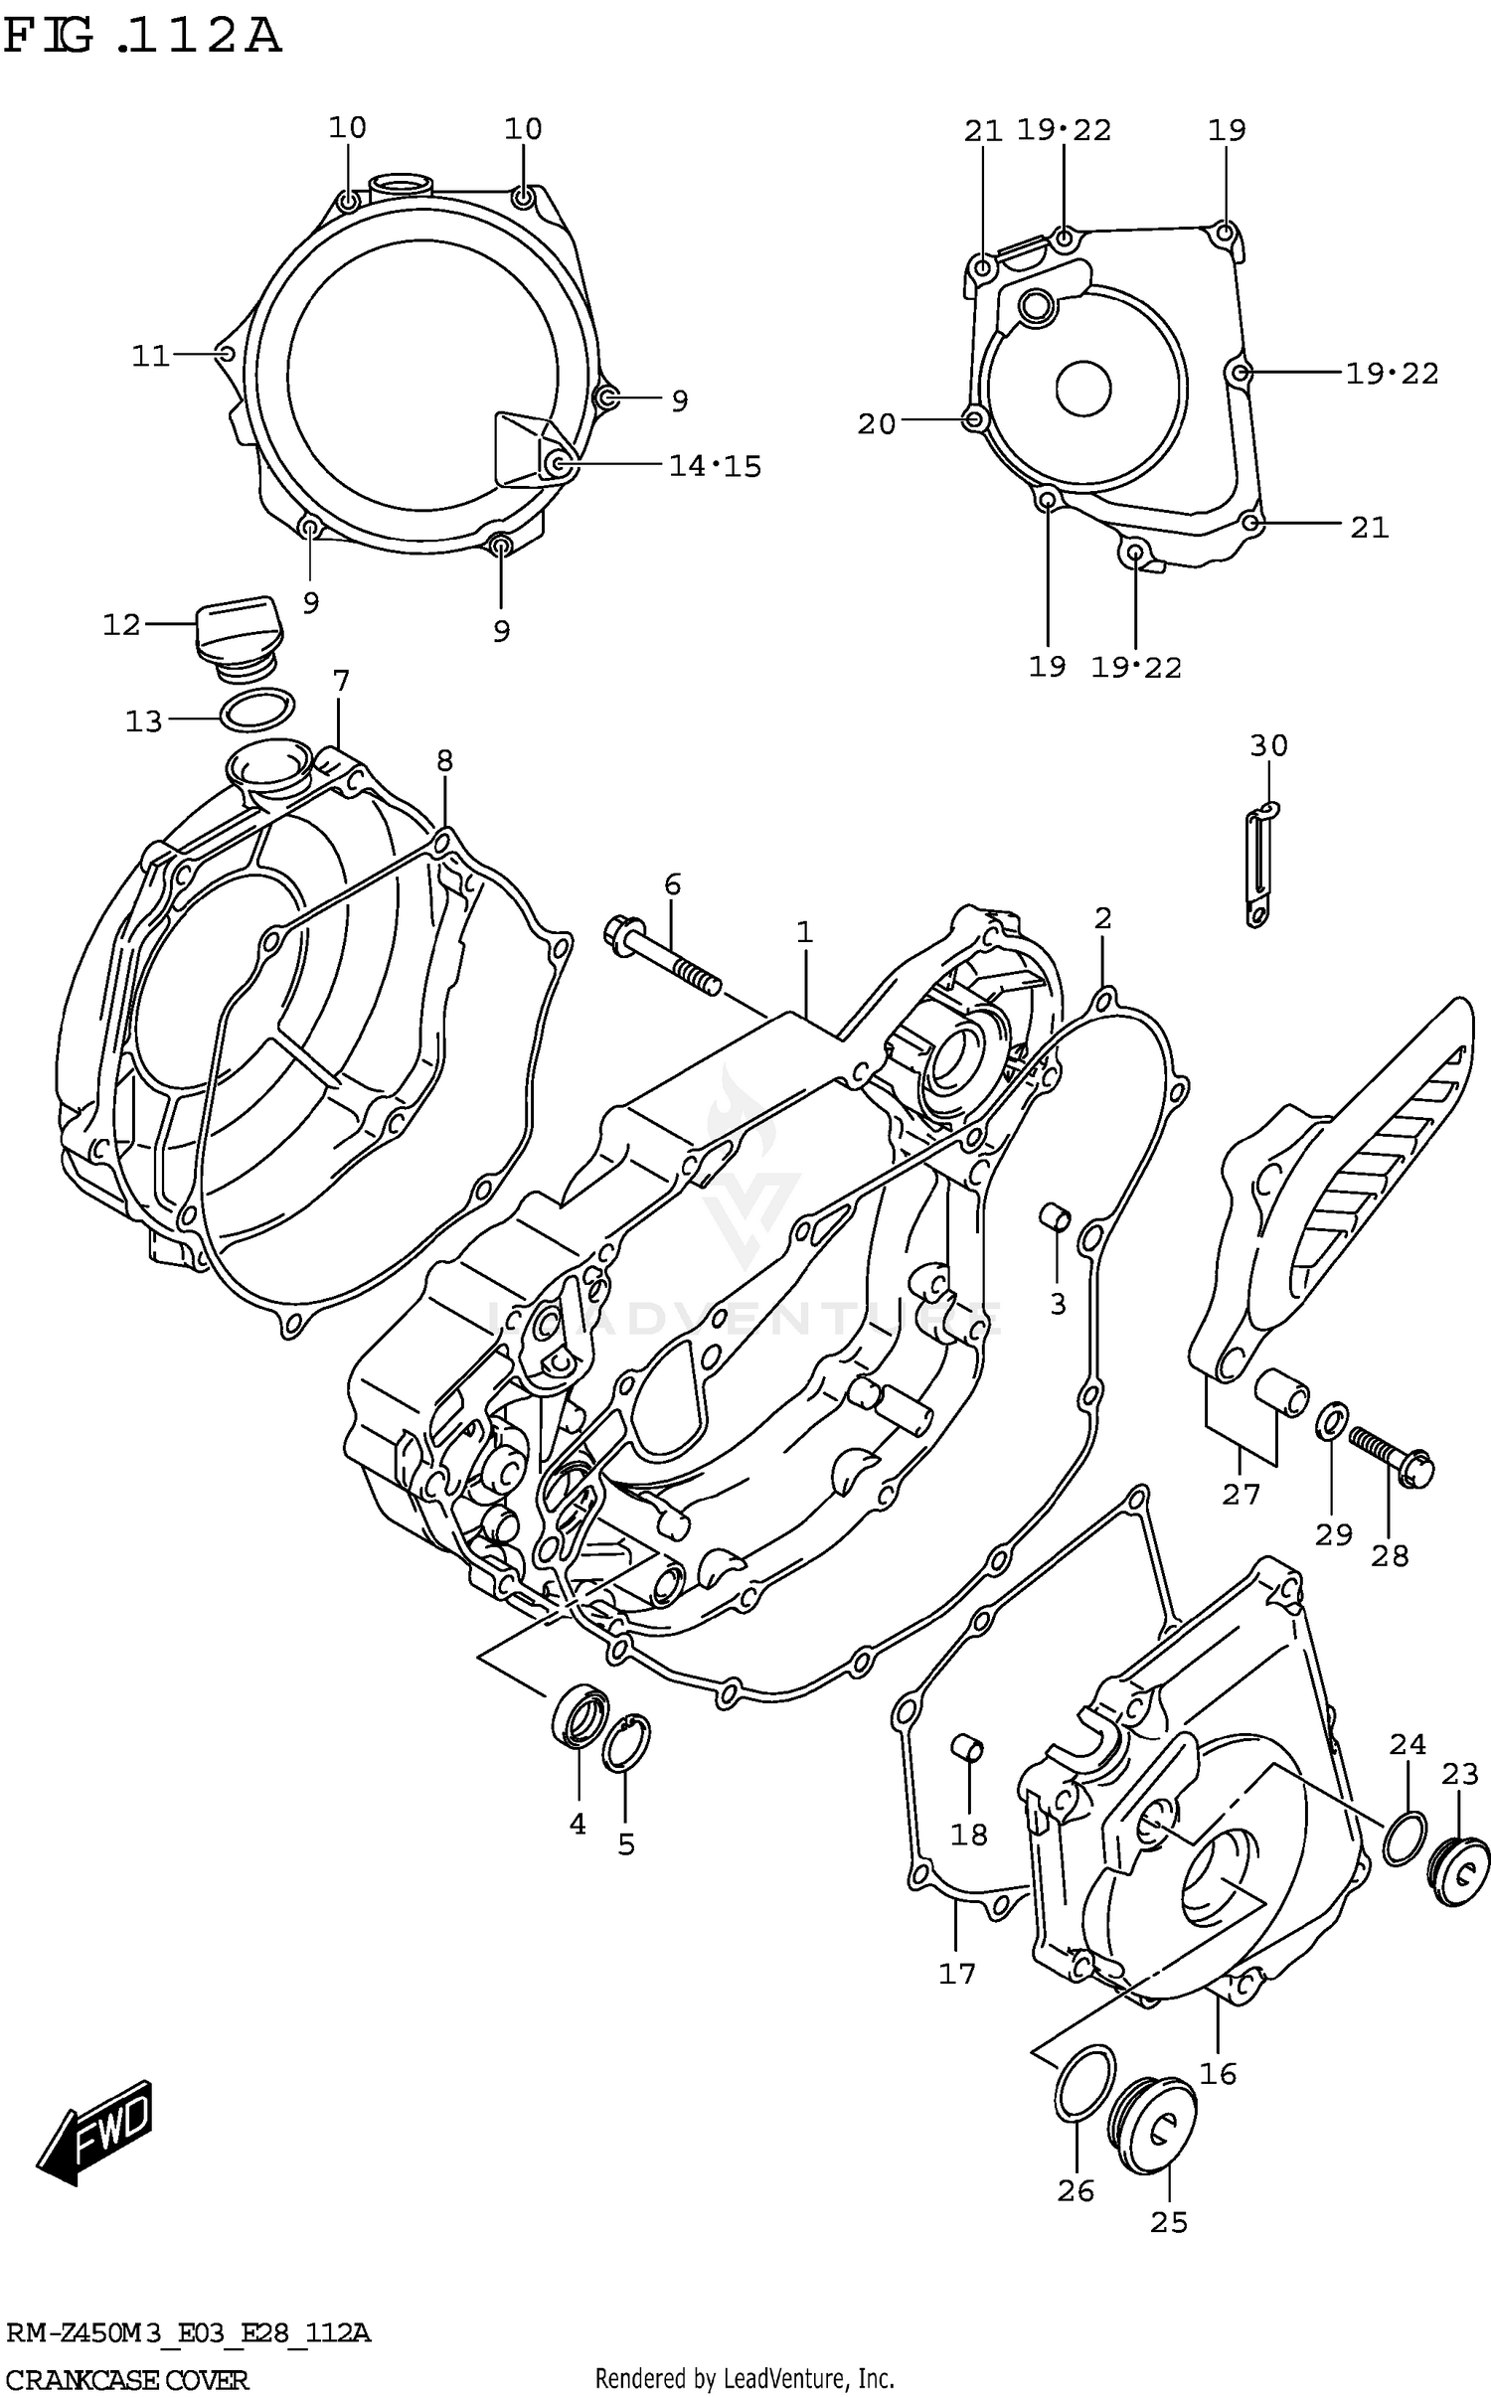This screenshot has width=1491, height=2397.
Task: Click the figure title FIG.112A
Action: [x=141, y=37]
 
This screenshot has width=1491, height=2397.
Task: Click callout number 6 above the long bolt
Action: [x=673, y=883]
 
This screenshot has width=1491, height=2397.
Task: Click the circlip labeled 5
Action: [x=626, y=1743]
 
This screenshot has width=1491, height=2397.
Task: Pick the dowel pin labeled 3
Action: [x=1055, y=1215]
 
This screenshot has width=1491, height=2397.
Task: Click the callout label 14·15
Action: [x=715, y=465]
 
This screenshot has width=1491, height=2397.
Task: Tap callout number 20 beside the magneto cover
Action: [x=877, y=424]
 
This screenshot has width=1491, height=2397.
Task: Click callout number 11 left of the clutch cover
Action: [x=151, y=356]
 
